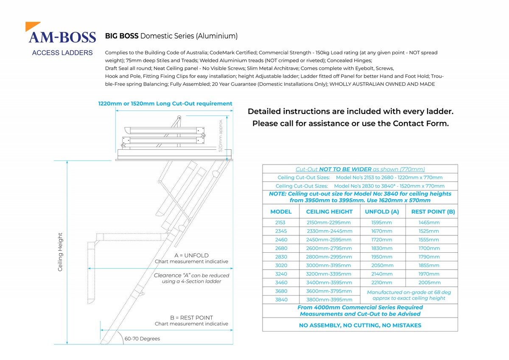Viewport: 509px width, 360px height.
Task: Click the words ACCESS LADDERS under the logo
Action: tap(62, 53)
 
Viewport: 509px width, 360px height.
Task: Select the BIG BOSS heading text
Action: tap(122, 36)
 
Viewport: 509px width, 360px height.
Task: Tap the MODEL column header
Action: tap(281, 212)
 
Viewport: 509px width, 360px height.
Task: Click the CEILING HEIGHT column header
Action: tap(329, 212)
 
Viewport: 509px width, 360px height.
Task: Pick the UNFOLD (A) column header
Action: tap(382, 212)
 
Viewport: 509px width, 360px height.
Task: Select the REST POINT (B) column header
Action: tap(433, 212)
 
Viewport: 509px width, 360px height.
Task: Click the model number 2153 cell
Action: tap(280, 223)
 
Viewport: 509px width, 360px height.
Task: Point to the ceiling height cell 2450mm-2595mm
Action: tap(329, 240)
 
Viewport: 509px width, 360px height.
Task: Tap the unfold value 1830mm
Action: tap(382, 248)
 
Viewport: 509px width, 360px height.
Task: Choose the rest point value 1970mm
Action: tap(429, 274)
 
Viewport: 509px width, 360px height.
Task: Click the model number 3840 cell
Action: tap(281, 299)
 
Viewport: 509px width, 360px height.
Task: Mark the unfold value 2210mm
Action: tap(382, 282)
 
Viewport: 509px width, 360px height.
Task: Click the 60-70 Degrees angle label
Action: tap(142, 339)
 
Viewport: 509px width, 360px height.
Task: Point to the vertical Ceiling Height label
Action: tap(60, 252)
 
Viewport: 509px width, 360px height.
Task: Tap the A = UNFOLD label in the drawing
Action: tap(191, 255)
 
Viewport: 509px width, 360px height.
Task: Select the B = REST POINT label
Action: tap(191, 318)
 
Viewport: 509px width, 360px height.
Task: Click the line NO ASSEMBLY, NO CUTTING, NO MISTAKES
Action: tap(360, 325)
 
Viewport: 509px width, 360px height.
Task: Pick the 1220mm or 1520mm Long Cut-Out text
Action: tap(165, 103)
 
